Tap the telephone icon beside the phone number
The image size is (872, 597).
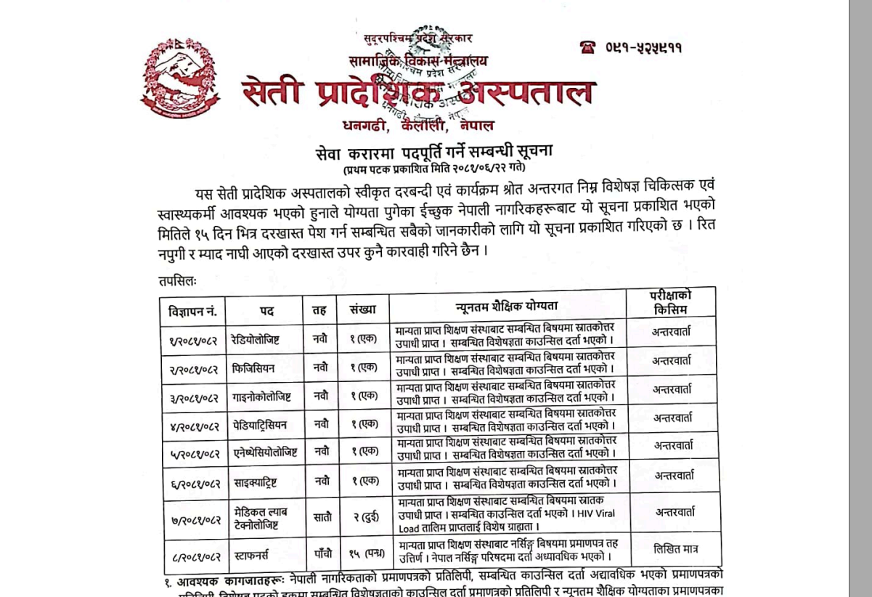tap(587, 47)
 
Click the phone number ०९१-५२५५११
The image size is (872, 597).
tap(643, 48)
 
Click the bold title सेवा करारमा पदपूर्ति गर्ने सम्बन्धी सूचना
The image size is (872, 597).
tap(434, 152)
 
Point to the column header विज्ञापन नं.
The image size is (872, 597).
tap(192, 310)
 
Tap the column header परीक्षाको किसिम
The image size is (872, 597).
tap(671, 301)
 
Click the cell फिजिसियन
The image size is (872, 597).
tap(253, 368)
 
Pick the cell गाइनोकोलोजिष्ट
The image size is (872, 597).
tap(261, 397)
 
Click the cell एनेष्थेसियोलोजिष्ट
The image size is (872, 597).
tap(265, 452)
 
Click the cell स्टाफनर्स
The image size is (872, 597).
tap(251, 556)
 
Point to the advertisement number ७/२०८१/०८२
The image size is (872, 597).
tap(195, 519)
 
